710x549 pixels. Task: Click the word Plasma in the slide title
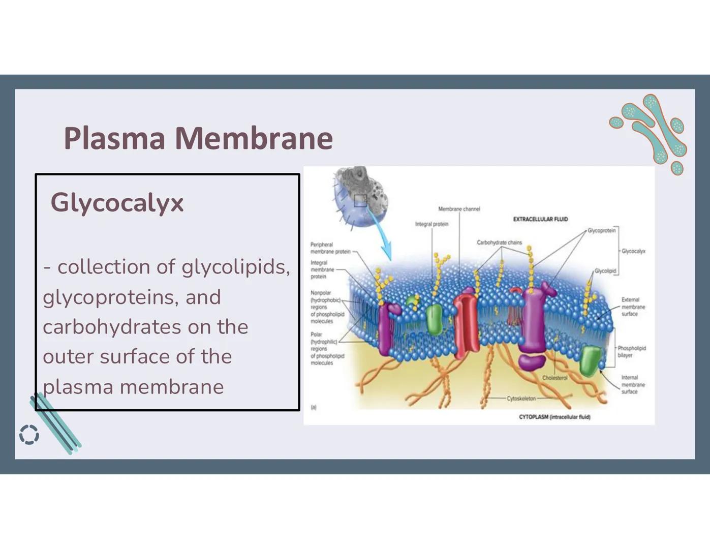click(x=114, y=138)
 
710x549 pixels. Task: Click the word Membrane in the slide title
click(x=254, y=138)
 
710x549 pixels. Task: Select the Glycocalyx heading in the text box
click(x=117, y=203)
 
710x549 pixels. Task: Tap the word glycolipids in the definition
click(x=236, y=267)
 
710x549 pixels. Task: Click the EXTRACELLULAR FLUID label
click(x=540, y=220)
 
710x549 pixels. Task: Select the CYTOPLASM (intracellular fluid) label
click(x=554, y=417)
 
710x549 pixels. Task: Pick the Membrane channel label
click(x=459, y=209)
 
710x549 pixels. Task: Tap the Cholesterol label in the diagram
click(x=554, y=378)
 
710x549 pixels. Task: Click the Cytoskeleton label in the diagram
click(x=521, y=399)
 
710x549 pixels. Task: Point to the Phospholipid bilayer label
click(x=631, y=352)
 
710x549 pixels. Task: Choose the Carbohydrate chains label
click(x=499, y=242)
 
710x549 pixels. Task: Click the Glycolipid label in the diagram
click(x=605, y=271)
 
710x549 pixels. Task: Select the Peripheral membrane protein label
click(x=330, y=248)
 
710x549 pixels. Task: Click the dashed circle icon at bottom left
click(x=29, y=435)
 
